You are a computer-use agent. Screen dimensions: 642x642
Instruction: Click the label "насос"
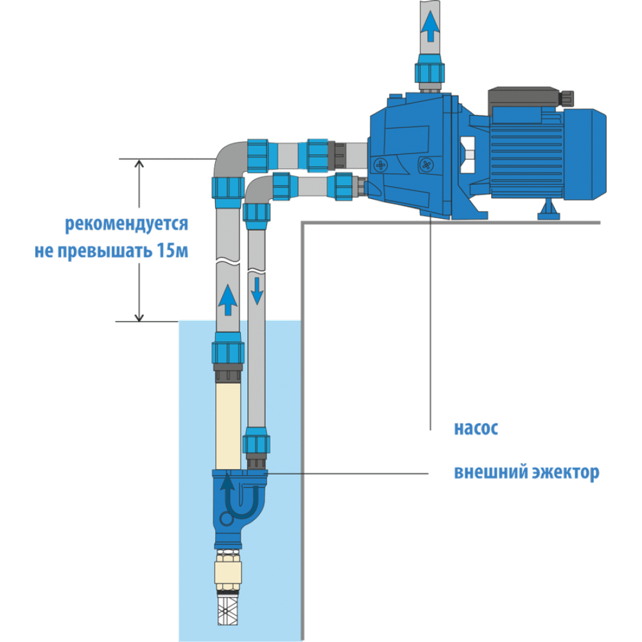tap(476, 429)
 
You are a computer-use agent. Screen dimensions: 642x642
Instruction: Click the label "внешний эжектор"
tap(526, 473)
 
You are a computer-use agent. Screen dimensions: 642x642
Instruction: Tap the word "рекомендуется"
tap(126, 225)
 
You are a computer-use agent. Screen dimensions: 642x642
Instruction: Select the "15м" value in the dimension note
tap(173, 250)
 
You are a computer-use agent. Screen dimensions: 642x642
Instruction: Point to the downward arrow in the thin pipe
tap(257, 290)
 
